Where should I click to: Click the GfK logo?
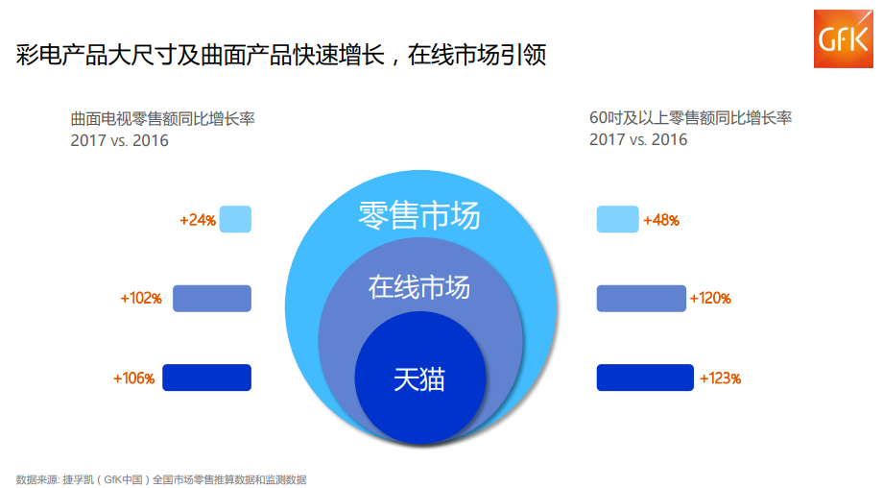843,40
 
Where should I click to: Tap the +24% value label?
198,220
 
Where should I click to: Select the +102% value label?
141,299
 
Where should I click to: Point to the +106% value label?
134,378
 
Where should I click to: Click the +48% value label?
661,220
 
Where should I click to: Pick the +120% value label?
710,299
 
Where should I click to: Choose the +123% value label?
720,378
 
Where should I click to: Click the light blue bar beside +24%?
235,219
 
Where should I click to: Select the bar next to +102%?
211,298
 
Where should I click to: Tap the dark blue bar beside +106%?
206,378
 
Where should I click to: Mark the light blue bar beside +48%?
617,219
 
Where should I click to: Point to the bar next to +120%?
641,298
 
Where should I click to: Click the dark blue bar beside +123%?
645,378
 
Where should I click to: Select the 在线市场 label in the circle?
419,286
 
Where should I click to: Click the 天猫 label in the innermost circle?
419,378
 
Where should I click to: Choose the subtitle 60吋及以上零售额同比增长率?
690,118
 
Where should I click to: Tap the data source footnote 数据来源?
161,478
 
